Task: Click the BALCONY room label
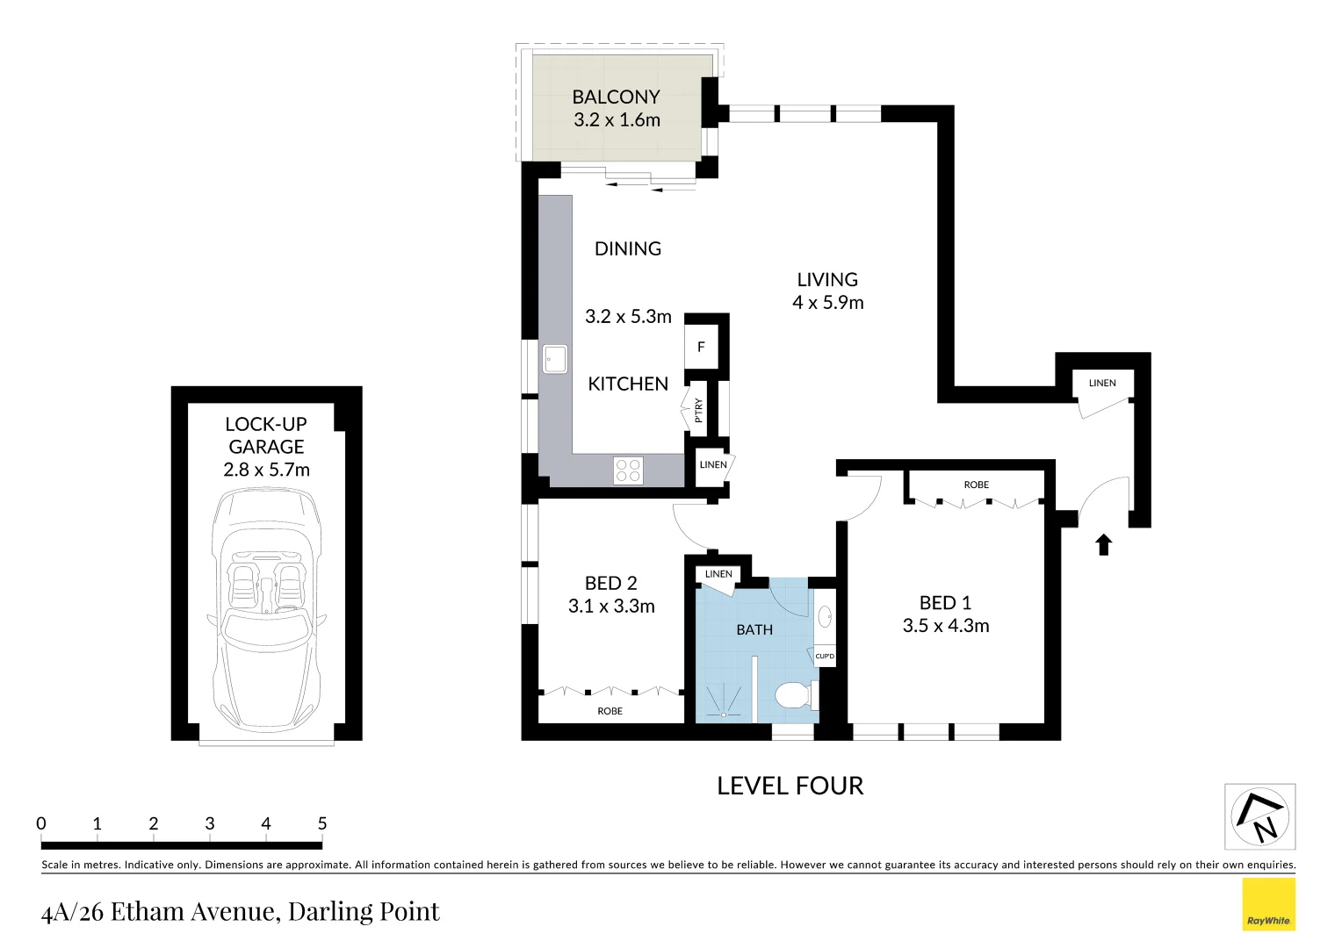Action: coord(616,97)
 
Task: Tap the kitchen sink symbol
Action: coord(554,359)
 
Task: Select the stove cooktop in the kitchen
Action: coord(628,470)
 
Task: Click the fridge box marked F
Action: coord(701,347)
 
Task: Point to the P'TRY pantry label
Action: coord(699,410)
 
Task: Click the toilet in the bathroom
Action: coord(794,695)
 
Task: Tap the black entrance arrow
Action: coord(1103,545)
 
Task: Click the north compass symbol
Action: coord(1259,816)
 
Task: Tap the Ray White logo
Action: coord(1268,904)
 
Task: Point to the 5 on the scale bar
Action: coord(322,823)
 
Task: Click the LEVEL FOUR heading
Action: coord(790,786)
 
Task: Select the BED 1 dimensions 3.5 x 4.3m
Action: coord(945,626)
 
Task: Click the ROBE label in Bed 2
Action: coord(610,711)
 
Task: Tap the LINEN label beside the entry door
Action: coord(1102,383)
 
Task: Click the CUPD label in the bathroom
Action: coord(825,656)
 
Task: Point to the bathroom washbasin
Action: coord(825,616)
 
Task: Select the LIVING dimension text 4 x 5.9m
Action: coord(827,303)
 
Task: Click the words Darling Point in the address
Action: coord(364,912)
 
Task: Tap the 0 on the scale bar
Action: coord(41,823)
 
